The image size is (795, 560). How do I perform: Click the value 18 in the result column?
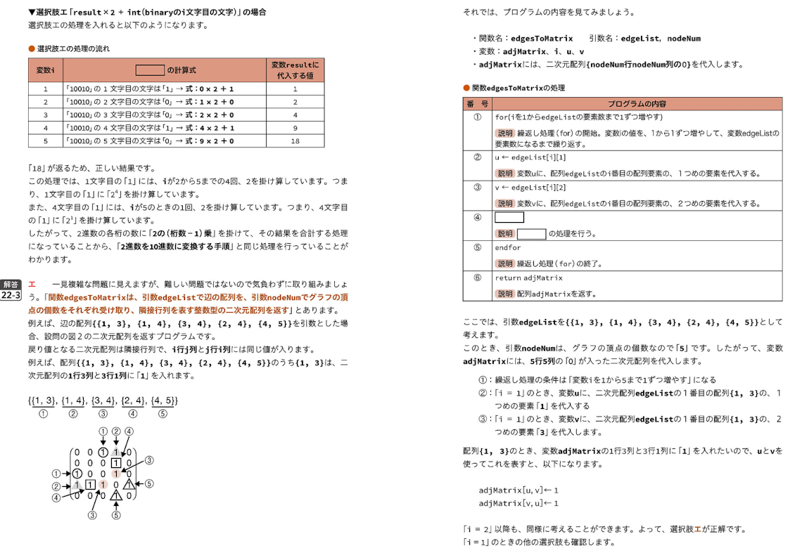click(295, 141)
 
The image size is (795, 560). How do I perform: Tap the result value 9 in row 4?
click(295, 128)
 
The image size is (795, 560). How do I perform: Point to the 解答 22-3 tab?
click(11, 290)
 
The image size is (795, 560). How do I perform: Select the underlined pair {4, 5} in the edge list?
click(163, 401)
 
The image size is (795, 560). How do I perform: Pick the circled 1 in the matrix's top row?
click(103, 452)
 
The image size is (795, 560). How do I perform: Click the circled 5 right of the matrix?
click(148, 483)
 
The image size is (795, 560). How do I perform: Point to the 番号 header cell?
click(477, 103)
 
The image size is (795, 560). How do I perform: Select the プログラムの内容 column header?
click(637, 103)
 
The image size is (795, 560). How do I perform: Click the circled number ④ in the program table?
click(477, 217)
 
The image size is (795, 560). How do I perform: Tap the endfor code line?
click(508, 247)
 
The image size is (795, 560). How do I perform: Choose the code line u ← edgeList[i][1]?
click(530, 157)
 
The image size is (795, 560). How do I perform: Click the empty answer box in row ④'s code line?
click(509, 217)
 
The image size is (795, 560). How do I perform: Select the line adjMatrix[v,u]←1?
click(519, 503)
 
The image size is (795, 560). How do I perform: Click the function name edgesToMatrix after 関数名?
click(542, 38)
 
